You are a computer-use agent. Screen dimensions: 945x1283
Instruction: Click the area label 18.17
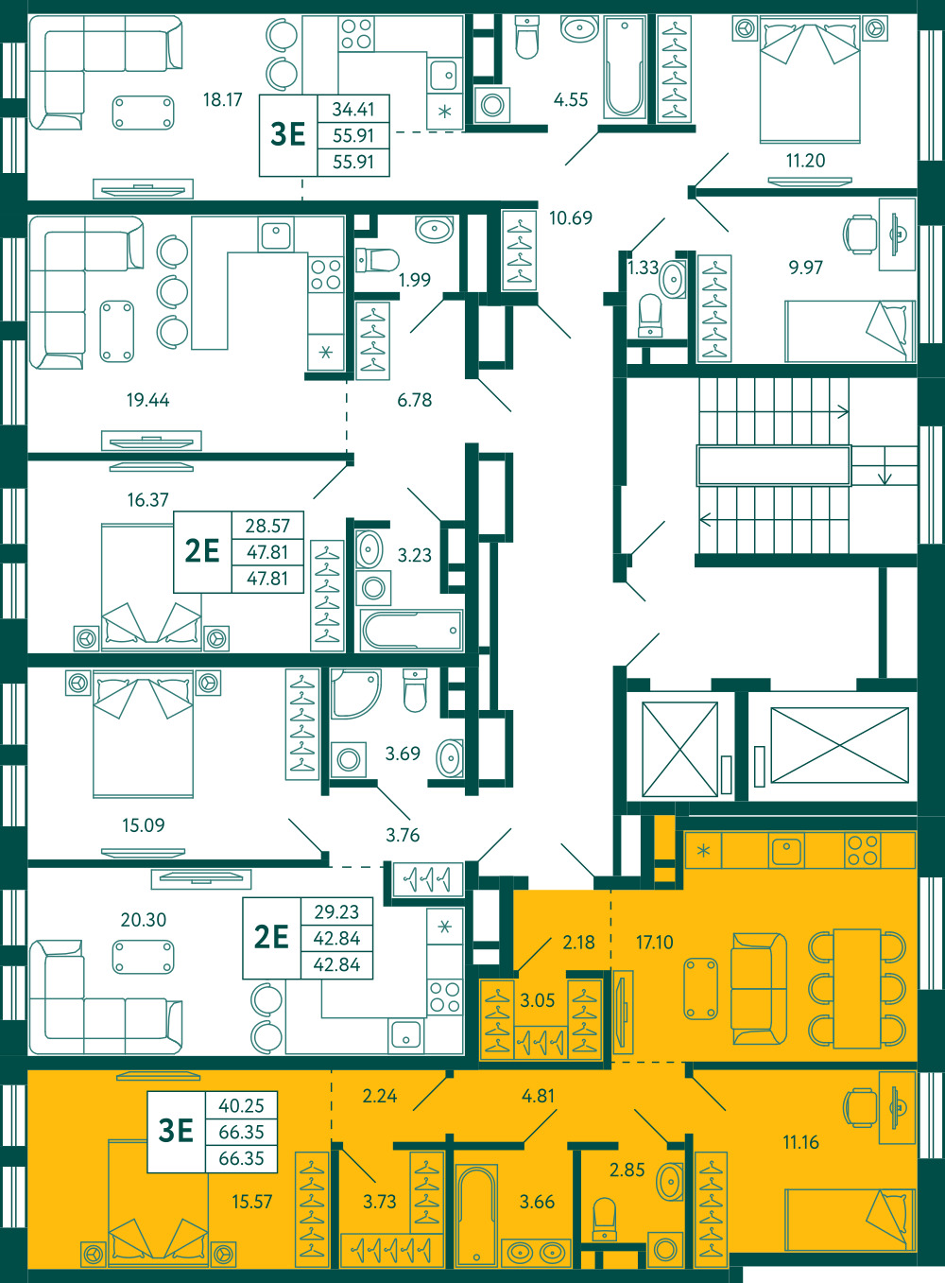pyautogui.click(x=223, y=99)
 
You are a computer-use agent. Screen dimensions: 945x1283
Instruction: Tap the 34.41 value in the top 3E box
pyautogui.click(x=353, y=109)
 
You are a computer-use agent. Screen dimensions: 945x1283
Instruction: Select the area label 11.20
pyautogui.click(x=805, y=161)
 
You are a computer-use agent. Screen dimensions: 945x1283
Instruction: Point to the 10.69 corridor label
pyautogui.click(x=571, y=217)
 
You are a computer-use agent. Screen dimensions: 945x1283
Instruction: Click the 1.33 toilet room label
pyautogui.click(x=643, y=268)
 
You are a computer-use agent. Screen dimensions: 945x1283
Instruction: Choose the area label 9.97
pyautogui.click(x=805, y=268)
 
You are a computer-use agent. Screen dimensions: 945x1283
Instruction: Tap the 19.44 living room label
pyautogui.click(x=147, y=400)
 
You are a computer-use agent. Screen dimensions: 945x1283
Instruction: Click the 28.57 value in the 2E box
pyautogui.click(x=267, y=526)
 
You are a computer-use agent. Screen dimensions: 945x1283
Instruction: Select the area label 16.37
pyautogui.click(x=147, y=500)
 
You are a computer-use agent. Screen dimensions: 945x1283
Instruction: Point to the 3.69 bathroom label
pyautogui.click(x=403, y=754)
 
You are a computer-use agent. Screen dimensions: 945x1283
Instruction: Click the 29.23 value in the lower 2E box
pyautogui.click(x=336, y=911)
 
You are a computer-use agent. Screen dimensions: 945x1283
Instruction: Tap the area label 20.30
pyautogui.click(x=143, y=920)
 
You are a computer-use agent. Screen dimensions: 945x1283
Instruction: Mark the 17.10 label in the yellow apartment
pyautogui.click(x=654, y=943)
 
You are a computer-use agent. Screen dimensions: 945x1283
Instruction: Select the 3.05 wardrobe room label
pyautogui.click(x=537, y=1000)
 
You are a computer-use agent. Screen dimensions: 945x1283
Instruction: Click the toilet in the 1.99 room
pyautogui.click(x=377, y=260)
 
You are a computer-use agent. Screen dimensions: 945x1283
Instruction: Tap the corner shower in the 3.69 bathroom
pyautogui.click(x=355, y=694)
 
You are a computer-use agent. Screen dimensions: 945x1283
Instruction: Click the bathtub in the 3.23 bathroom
pyautogui.click(x=411, y=631)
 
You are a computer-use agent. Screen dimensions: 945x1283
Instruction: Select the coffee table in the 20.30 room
pyautogui.click(x=143, y=957)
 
